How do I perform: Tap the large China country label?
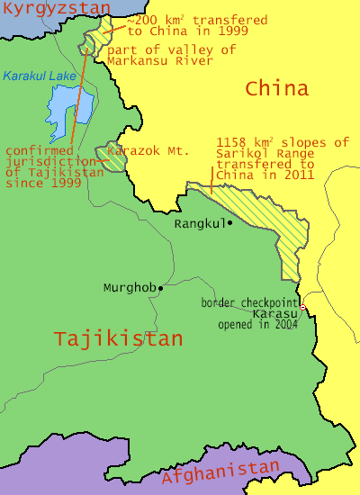click(x=276, y=88)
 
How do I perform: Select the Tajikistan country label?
click(x=118, y=338)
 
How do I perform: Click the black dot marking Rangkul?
click(x=229, y=222)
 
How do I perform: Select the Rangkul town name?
click(x=198, y=223)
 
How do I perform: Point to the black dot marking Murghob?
click(x=160, y=288)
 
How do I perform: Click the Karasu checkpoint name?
click(x=273, y=313)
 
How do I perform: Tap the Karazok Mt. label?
click(x=153, y=151)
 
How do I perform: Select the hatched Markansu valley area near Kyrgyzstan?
click(x=94, y=42)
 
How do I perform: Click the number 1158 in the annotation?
click(x=233, y=142)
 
